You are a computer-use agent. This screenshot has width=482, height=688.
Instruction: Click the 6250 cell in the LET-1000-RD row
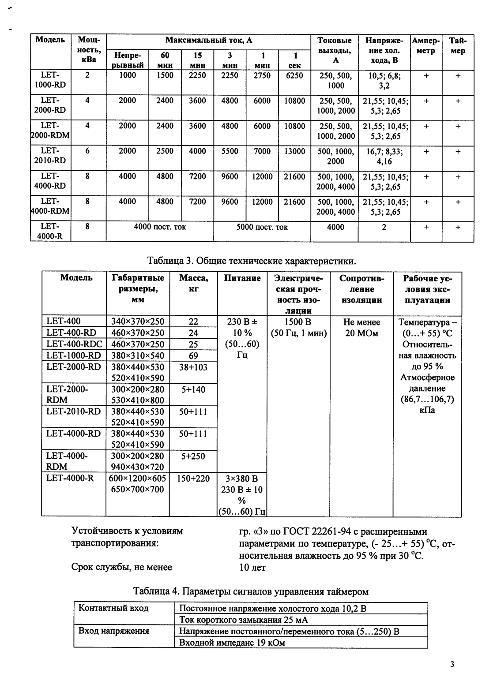[x=294, y=75]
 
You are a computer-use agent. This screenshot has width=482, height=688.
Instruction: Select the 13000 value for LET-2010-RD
[x=294, y=151]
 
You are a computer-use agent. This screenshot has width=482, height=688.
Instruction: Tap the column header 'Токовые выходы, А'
[x=335, y=50]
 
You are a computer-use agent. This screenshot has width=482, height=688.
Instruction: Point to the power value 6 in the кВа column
[x=87, y=151]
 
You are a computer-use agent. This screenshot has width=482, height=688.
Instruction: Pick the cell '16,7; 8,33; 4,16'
[x=384, y=156]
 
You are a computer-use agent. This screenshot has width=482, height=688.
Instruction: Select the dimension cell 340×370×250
[x=137, y=322]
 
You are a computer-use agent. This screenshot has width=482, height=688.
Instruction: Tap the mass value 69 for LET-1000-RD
[x=193, y=355]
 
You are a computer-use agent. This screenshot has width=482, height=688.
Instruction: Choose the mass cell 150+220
[x=193, y=479]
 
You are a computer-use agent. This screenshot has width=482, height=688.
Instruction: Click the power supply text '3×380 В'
[x=242, y=479]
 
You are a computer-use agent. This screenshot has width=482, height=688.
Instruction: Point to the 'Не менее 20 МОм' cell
[x=361, y=327]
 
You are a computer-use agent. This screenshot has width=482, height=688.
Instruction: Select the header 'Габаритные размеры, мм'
[x=138, y=289]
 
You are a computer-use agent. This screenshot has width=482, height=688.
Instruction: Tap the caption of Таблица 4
[x=251, y=591]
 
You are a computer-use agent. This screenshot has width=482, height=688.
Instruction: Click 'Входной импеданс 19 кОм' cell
[x=232, y=643]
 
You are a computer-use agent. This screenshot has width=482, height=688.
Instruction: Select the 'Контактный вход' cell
[x=113, y=608]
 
